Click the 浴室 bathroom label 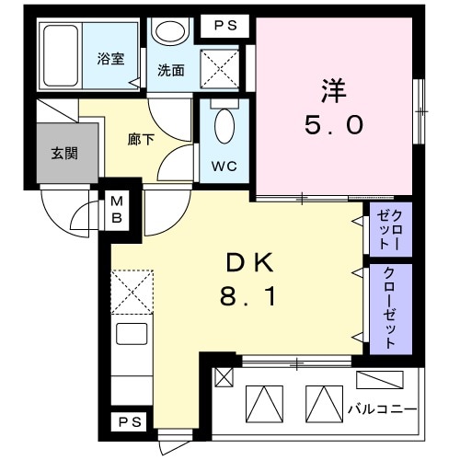coord(111,60)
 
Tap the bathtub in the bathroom coord(62,57)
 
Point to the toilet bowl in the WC coord(224,128)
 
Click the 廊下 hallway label coord(139,141)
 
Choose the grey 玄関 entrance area coord(63,153)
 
